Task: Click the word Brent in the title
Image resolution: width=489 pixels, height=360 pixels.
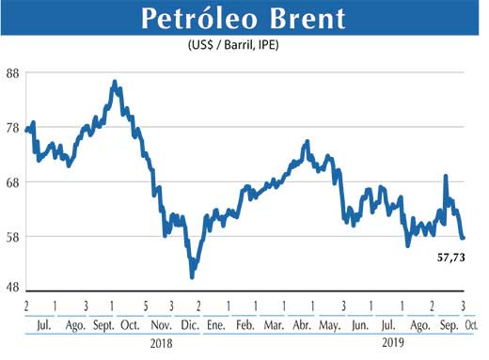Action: [x=300, y=20]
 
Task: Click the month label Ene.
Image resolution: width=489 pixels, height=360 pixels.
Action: [x=215, y=324]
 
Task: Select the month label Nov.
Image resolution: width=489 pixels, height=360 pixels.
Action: [x=159, y=324]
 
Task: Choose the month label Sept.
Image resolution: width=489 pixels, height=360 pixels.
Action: [x=103, y=324]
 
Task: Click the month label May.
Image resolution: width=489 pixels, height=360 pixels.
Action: [x=330, y=324]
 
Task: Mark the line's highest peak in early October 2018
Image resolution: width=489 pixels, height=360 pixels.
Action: [x=115, y=83]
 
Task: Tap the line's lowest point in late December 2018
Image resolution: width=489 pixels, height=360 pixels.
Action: [x=192, y=276]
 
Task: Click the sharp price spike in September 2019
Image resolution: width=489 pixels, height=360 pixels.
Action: [x=445, y=176]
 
